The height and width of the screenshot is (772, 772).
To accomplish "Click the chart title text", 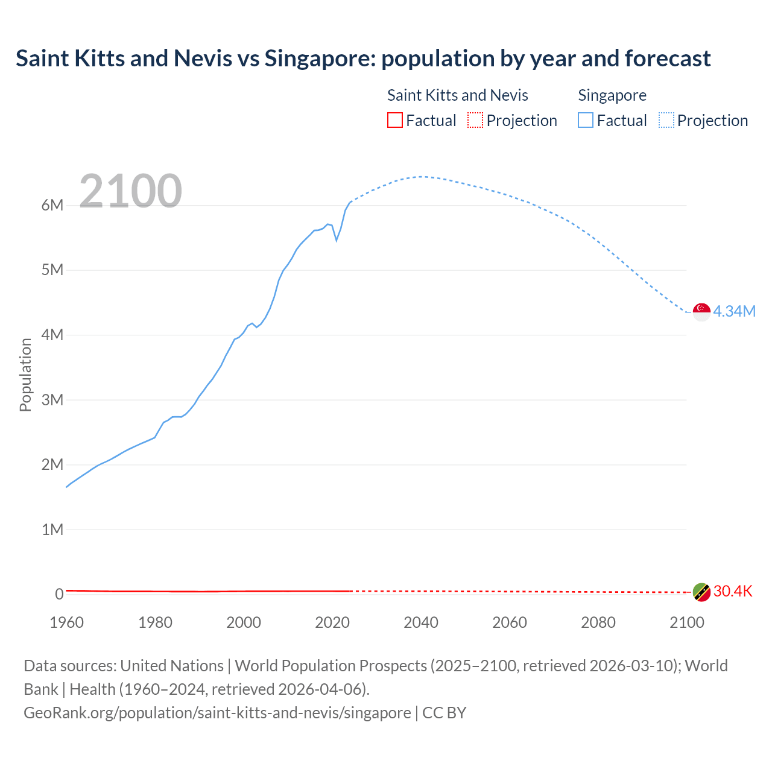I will (x=363, y=59).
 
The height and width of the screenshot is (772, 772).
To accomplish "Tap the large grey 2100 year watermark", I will (x=130, y=191).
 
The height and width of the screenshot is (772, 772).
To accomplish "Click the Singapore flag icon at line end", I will (x=701, y=312).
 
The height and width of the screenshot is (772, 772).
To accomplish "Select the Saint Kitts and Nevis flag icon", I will (x=701, y=592).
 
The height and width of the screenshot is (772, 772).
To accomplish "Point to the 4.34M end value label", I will (x=734, y=311).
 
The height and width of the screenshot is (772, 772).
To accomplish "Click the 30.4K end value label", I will (x=733, y=591).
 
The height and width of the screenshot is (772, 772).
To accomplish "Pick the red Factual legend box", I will (x=394, y=120).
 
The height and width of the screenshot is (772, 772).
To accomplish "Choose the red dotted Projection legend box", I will (x=475, y=120).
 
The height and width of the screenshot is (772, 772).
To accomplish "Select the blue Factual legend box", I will (x=586, y=120).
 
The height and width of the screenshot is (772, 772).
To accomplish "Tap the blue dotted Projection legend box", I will (x=666, y=120).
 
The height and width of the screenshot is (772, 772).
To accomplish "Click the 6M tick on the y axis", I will (x=52, y=205).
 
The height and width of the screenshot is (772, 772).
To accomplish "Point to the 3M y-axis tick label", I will (x=52, y=400).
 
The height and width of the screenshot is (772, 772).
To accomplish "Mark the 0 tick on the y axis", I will (x=59, y=594).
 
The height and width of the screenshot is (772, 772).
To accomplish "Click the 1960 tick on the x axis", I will (x=67, y=622).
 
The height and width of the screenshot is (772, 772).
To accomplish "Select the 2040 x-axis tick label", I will (x=421, y=622).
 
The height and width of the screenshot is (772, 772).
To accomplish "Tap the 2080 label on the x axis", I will (x=598, y=622).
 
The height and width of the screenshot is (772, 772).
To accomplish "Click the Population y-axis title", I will (x=25, y=375).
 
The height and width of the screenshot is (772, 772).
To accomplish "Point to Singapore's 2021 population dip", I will (x=337, y=240).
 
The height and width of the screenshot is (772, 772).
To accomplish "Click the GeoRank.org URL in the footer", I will (x=217, y=712).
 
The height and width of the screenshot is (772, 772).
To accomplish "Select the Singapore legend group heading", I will (x=612, y=95).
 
